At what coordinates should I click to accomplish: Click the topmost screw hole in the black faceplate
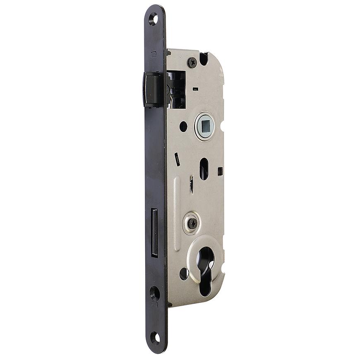[x=153, y=19]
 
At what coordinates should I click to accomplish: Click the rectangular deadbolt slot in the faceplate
[x=154, y=232]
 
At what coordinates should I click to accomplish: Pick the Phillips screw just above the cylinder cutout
[x=192, y=223]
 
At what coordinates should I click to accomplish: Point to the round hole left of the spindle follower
[x=183, y=126]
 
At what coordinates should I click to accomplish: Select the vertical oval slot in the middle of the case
[x=204, y=168]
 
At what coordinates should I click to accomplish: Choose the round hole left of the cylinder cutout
[x=184, y=274]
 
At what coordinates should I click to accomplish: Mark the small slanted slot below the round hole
[x=177, y=159]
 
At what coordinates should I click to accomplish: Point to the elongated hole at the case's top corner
[x=204, y=59]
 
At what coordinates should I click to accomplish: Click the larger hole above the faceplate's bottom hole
[x=154, y=293]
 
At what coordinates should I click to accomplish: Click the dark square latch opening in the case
[x=177, y=90]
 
